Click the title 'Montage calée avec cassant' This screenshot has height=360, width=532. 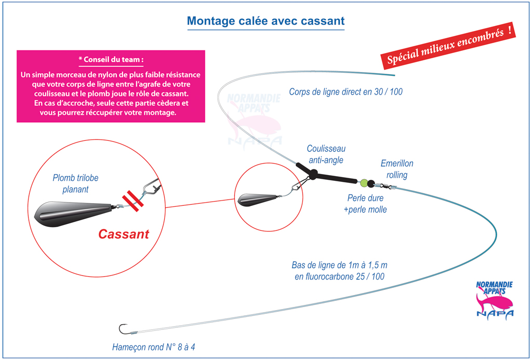(x=265, y=21)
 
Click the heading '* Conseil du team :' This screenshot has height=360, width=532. (x=111, y=60)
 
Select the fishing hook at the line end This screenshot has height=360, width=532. (x=123, y=329)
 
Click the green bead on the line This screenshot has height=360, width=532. (x=364, y=183)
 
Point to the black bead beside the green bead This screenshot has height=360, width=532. (x=371, y=183)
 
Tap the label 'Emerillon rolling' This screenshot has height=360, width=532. (x=397, y=169)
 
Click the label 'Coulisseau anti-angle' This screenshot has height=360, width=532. (x=326, y=154)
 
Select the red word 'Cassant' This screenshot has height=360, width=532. (x=124, y=234)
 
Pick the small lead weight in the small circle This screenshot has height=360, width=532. (x=258, y=200)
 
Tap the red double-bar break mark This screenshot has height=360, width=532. (x=132, y=201)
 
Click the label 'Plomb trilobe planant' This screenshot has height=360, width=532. (x=75, y=183)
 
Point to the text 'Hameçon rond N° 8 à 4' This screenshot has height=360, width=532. (x=154, y=347)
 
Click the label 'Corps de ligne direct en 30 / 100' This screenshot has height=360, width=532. (x=345, y=91)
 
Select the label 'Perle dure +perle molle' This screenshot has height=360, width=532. (x=365, y=204)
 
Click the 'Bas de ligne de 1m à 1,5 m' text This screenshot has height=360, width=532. (x=339, y=265)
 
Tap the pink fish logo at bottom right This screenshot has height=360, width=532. (x=495, y=299)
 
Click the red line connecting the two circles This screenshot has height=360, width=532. (x=200, y=203)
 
